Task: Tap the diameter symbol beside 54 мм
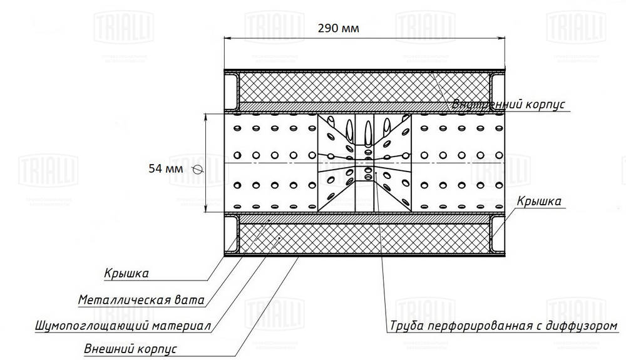[x=198, y=168]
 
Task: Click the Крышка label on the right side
[x=538, y=201]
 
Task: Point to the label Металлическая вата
[x=141, y=300]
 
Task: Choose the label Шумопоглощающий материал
[x=123, y=326]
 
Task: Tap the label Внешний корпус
[x=131, y=348]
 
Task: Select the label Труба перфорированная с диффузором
[x=503, y=326]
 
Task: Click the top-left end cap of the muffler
[x=231, y=90]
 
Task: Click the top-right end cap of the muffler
[x=498, y=90]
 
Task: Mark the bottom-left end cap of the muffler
[x=231, y=235]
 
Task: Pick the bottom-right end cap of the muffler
[x=498, y=235]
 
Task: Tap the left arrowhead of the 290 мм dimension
[x=228, y=38]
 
